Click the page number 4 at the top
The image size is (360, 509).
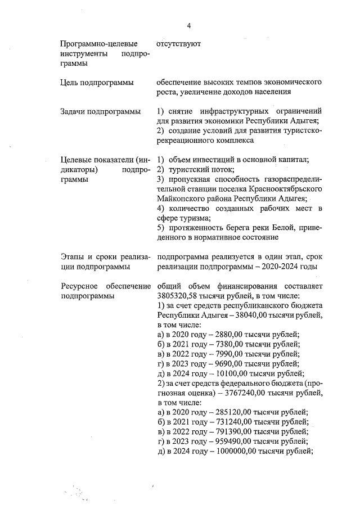(x=190, y=25)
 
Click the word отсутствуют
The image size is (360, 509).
(x=179, y=43)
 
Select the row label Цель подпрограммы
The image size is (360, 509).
(x=97, y=83)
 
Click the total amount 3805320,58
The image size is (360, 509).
(x=182, y=296)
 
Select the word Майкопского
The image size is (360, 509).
(x=182, y=199)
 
